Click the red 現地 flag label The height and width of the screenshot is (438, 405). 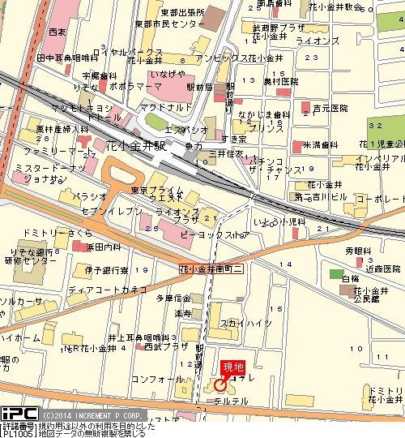click(233, 366)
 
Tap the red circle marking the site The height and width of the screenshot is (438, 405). click(220, 385)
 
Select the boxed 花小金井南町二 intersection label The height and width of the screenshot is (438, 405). click(211, 268)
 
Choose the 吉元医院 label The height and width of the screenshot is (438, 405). click(330, 108)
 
